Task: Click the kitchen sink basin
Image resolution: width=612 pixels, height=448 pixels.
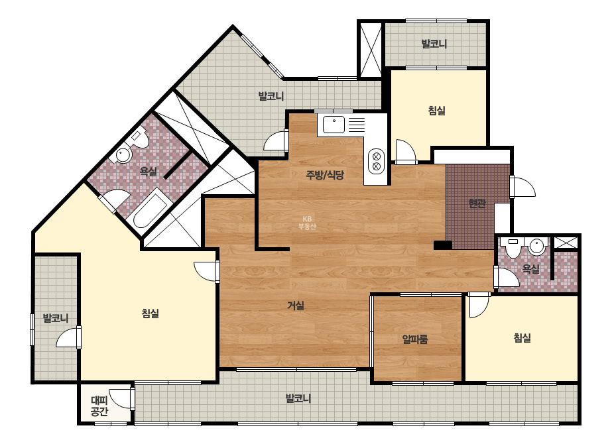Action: pos(334,125)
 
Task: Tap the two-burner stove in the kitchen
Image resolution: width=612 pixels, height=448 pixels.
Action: pos(376,161)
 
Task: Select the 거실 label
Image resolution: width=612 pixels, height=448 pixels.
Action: pos(296,306)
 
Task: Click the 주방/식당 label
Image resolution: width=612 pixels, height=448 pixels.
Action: pos(325,175)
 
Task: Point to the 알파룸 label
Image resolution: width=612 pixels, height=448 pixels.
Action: pos(415,339)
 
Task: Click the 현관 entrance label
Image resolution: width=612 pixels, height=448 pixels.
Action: pos(477,203)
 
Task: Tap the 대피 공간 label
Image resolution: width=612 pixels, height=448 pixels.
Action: pos(99,406)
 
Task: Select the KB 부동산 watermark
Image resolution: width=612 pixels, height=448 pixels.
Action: pos(307,223)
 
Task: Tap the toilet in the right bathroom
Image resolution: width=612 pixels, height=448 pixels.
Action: pos(513,247)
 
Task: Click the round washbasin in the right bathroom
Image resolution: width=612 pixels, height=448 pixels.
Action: pos(537,247)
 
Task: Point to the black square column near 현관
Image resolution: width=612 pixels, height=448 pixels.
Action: pos(443,245)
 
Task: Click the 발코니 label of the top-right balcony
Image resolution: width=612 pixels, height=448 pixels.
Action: pos(434,44)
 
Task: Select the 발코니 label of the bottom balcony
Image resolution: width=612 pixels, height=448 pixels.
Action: pos(298,398)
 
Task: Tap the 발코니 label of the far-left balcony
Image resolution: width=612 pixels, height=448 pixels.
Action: pos(56,318)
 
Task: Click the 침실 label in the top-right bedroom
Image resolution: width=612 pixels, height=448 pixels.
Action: pos(437,111)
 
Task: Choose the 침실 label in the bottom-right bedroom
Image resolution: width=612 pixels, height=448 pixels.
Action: pos(522,337)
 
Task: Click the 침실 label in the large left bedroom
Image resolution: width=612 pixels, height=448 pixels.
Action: pos(151,313)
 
